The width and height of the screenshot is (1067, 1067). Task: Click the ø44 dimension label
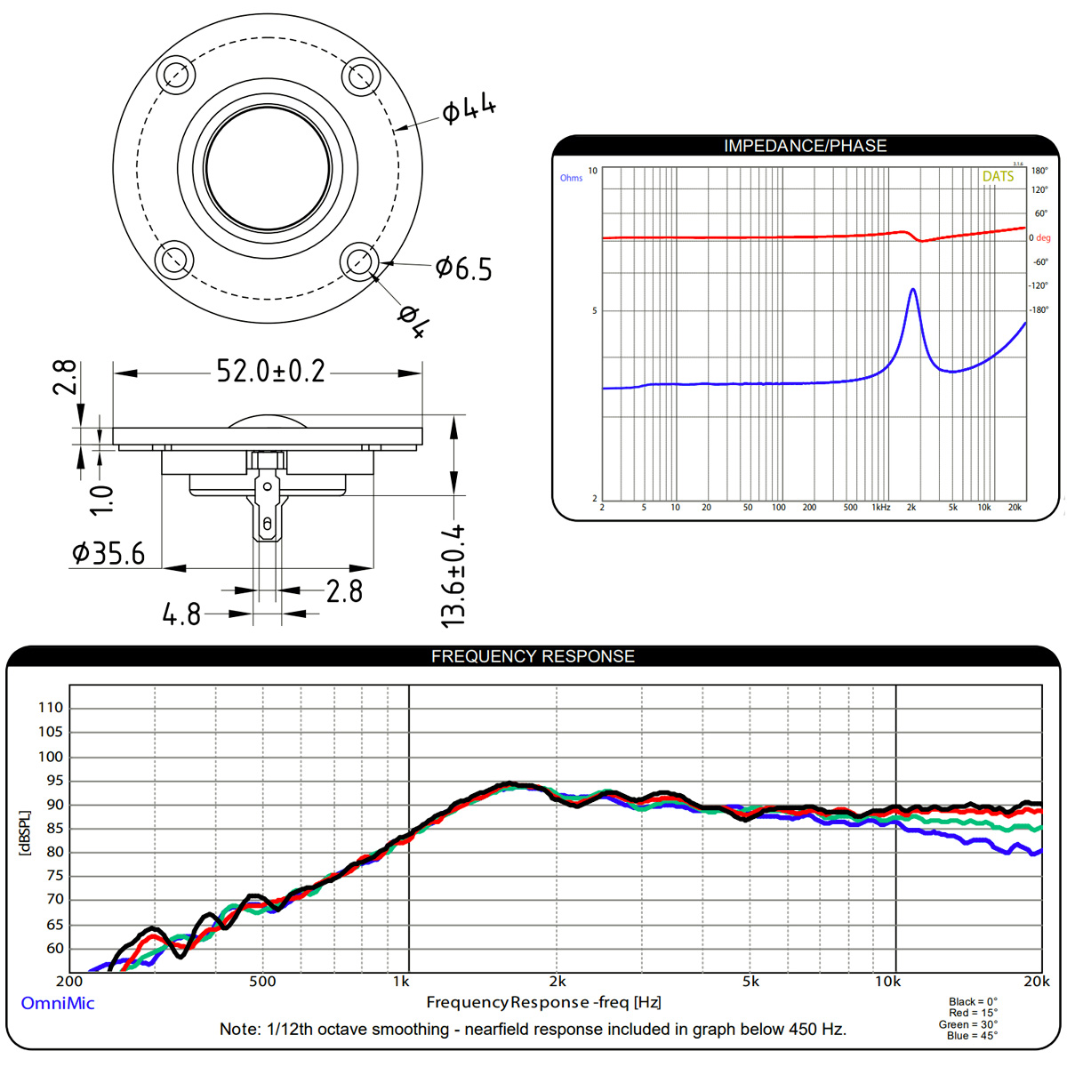click(469, 110)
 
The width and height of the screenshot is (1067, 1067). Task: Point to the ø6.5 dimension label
click(463, 268)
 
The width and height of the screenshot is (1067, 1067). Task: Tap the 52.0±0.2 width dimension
click(270, 371)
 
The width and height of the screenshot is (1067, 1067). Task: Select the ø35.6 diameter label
click(108, 553)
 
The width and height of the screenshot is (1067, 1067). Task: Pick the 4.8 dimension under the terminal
click(181, 614)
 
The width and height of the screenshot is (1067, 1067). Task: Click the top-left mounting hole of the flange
click(175, 75)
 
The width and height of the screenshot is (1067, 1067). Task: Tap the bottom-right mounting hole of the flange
click(360, 261)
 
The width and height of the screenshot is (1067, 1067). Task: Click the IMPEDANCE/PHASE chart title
click(805, 146)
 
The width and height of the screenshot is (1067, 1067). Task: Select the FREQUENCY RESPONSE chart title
click(533, 656)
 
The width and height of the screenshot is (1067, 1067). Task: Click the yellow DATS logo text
click(998, 177)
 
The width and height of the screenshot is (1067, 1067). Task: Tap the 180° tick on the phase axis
click(1039, 171)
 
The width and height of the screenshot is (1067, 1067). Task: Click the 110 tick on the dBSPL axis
click(51, 708)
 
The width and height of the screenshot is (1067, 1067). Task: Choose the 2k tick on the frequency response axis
click(557, 982)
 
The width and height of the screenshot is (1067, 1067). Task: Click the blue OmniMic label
click(57, 1003)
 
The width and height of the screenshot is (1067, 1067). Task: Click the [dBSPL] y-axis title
click(24, 833)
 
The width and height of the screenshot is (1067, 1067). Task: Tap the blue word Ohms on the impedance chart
click(571, 178)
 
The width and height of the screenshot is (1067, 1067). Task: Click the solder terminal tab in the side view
click(266, 511)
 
